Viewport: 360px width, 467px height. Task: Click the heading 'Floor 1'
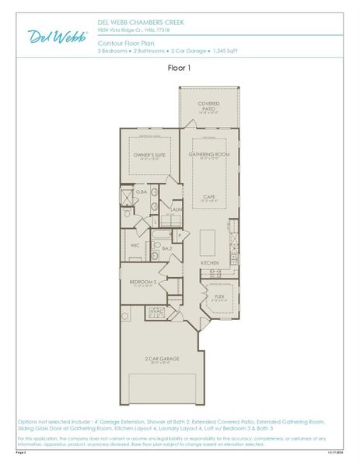pos(180,68)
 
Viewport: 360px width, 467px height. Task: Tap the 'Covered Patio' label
pos(208,106)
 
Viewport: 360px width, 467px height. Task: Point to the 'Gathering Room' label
pos(209,155)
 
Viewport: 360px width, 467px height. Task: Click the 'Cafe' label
pos(209,197)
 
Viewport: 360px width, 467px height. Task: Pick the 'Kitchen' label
pos(210,263)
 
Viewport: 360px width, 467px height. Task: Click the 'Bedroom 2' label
pos(143,282)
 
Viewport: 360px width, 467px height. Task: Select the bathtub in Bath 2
pos(164,235)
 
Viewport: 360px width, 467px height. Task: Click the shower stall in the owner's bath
pos(127,195)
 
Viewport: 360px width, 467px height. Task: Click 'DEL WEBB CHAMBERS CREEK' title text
pos(136,23)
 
